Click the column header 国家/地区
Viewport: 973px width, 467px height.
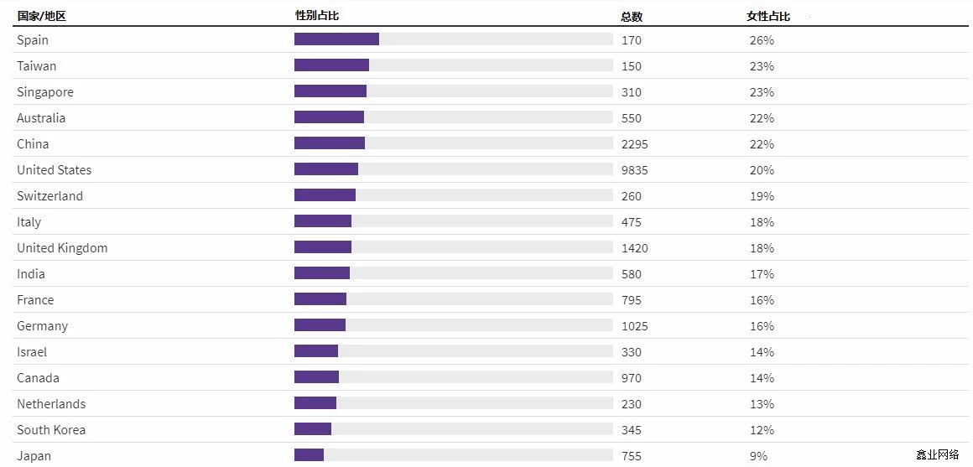pyautogui.click(x=41, y=16)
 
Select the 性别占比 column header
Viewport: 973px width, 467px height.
pyautogui.click(x=317, y=16)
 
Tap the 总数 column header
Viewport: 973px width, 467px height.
pyautogui.click(x=632, y=16)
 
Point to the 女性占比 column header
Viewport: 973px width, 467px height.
pyautogui.click(x=768, y=16)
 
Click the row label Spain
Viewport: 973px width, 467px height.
pyautogui.click(x=33, y=40)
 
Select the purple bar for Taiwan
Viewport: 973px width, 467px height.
pyautogui.click(x=331, y=65)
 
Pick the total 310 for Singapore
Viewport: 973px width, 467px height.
pyautogui.click(x=632, y=92)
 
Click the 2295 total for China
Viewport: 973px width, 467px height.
pyautogui.click(x=635, y=144)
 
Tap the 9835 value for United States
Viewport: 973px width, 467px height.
pyautogui.click(x=635, y=170)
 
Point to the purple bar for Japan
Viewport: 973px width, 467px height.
pyautogui.click(x=309, y=455)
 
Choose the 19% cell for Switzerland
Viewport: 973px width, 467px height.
pyautogui.click(x=762, y=196)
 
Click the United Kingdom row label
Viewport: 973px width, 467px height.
pyautogui.click(x=62, y=248)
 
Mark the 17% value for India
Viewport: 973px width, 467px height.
pyautogui.click(x=762, y=274)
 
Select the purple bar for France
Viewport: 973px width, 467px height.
pyautogui.click(x=320, y=299)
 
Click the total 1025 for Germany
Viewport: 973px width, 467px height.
pyautogui.click(x=635, y=326)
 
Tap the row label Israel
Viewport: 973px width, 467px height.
pyautogui.click(x=32, y=352)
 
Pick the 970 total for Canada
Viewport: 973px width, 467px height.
pyautogui.click(x=632, y=378)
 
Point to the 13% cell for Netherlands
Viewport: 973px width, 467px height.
pyautogui.click(x=762, y=404)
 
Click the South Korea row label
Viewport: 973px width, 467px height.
pyautogui.click(x=51, y=430)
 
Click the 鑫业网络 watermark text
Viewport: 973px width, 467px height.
pyautogui.click(x=937, y=454)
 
